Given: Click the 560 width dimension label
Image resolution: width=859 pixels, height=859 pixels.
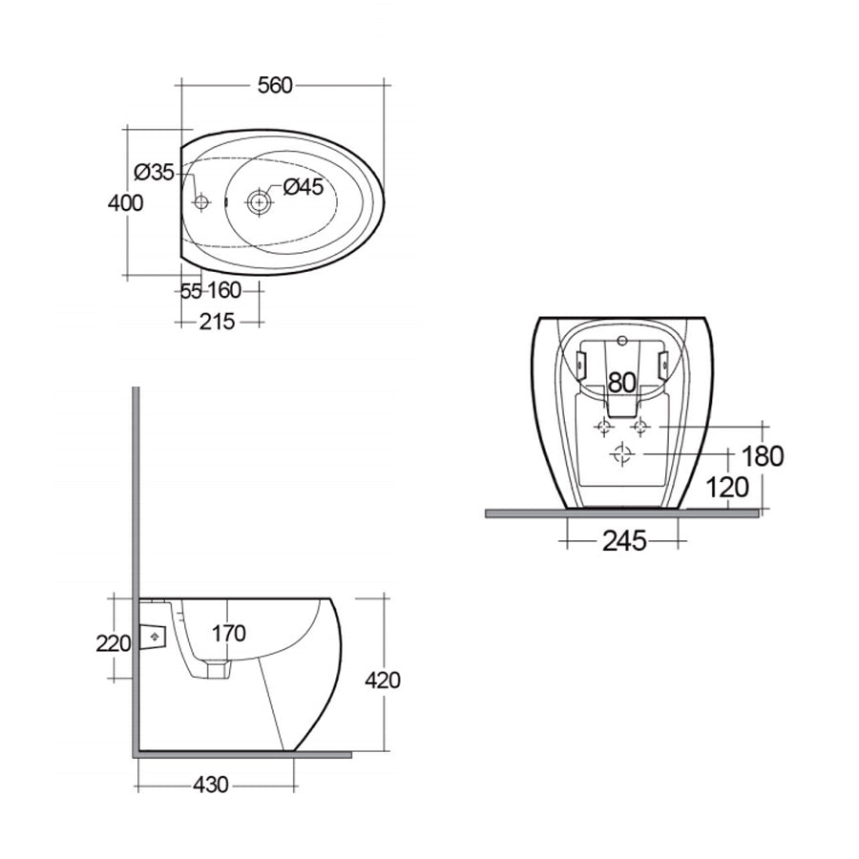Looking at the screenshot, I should [x=274, y=86].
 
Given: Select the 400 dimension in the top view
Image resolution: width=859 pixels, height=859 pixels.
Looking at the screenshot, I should [x=126, y=203].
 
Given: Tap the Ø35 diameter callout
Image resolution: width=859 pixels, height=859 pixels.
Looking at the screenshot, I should [x=154, y=173].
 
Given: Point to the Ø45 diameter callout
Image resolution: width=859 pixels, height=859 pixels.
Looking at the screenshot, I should [x=304, y=188].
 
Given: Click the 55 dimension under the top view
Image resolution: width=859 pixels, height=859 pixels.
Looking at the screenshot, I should [x=191, y=291].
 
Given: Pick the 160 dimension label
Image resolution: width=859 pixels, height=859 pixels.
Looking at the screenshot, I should [x=223, y=291].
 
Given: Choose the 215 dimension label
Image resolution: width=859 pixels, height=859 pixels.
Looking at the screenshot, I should [x=218, y=322].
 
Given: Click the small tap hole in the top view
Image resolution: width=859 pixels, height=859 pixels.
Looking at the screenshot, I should [x=200, y=202].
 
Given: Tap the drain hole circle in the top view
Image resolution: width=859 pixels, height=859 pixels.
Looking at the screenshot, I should [x=259, y=202].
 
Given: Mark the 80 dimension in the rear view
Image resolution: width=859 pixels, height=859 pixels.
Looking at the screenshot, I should [x=621, y=383].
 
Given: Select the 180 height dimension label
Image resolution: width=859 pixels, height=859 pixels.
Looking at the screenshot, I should [x=762, y=456].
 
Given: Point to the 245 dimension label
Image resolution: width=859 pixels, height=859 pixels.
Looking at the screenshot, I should [x=625, y=541].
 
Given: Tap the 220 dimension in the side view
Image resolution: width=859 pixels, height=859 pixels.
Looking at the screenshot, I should [x=113, y=643].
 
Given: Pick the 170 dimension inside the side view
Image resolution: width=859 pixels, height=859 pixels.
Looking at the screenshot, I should [x=229, y=633].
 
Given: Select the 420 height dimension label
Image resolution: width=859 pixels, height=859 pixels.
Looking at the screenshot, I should [x=383, y=681].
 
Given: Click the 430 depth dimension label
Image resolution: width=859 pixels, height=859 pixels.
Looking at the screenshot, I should [x=211, y=786].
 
